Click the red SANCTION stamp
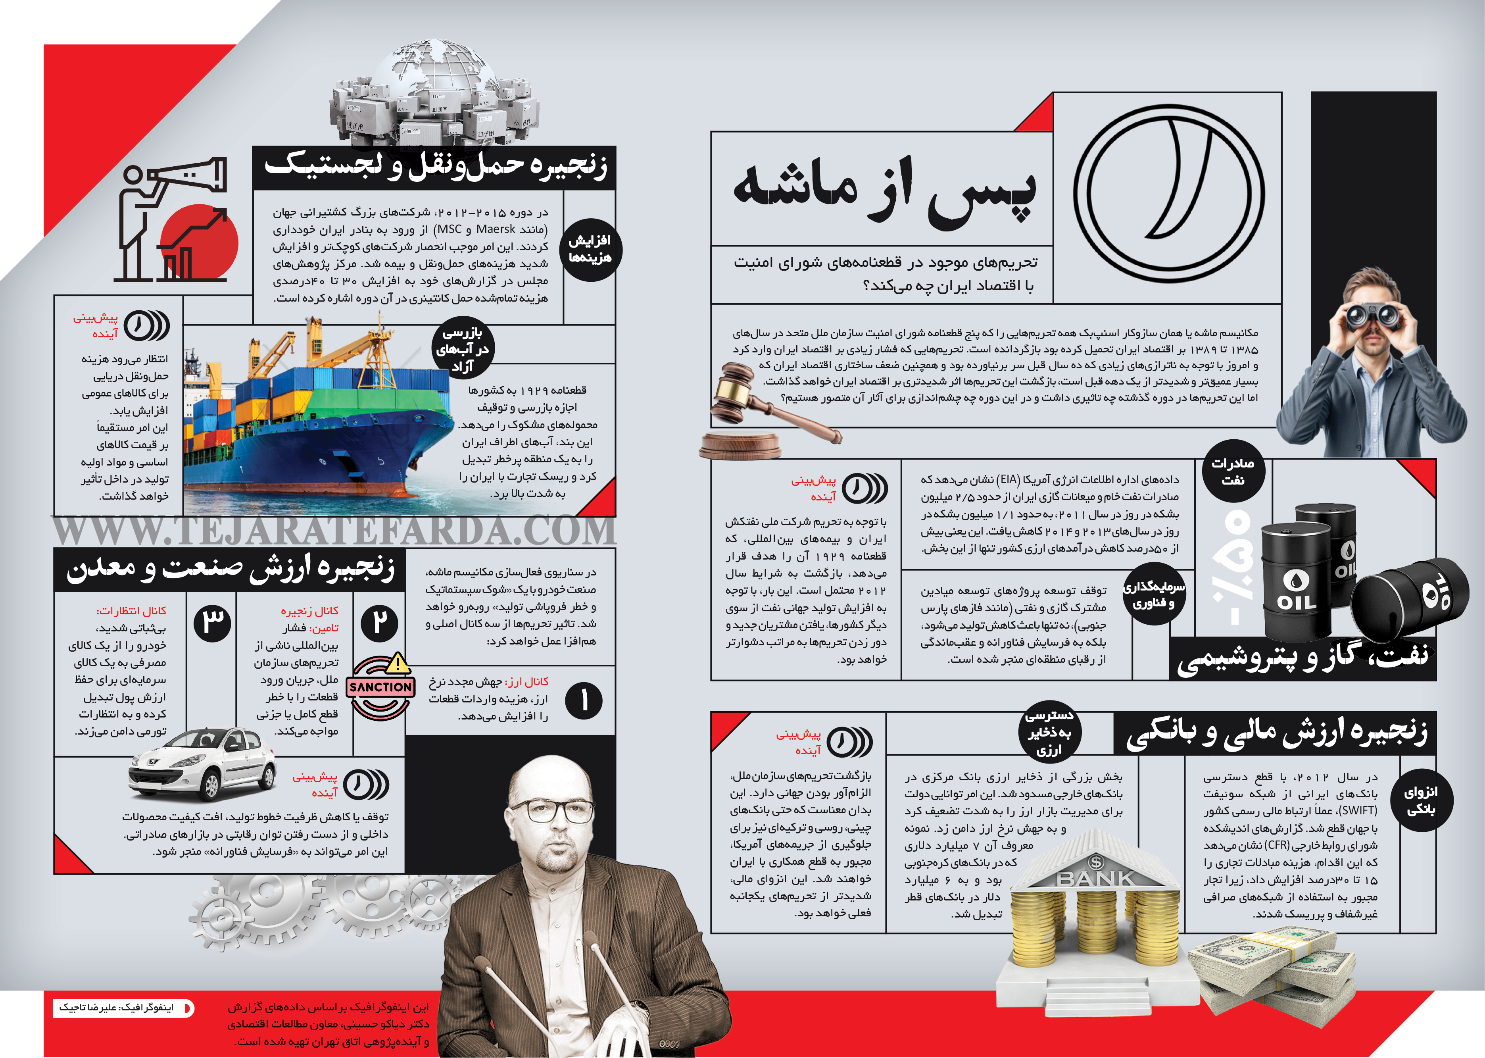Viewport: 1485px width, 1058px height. click(x=381, y=687)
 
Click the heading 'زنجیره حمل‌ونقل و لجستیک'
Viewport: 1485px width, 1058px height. click(x=435, y=167)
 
